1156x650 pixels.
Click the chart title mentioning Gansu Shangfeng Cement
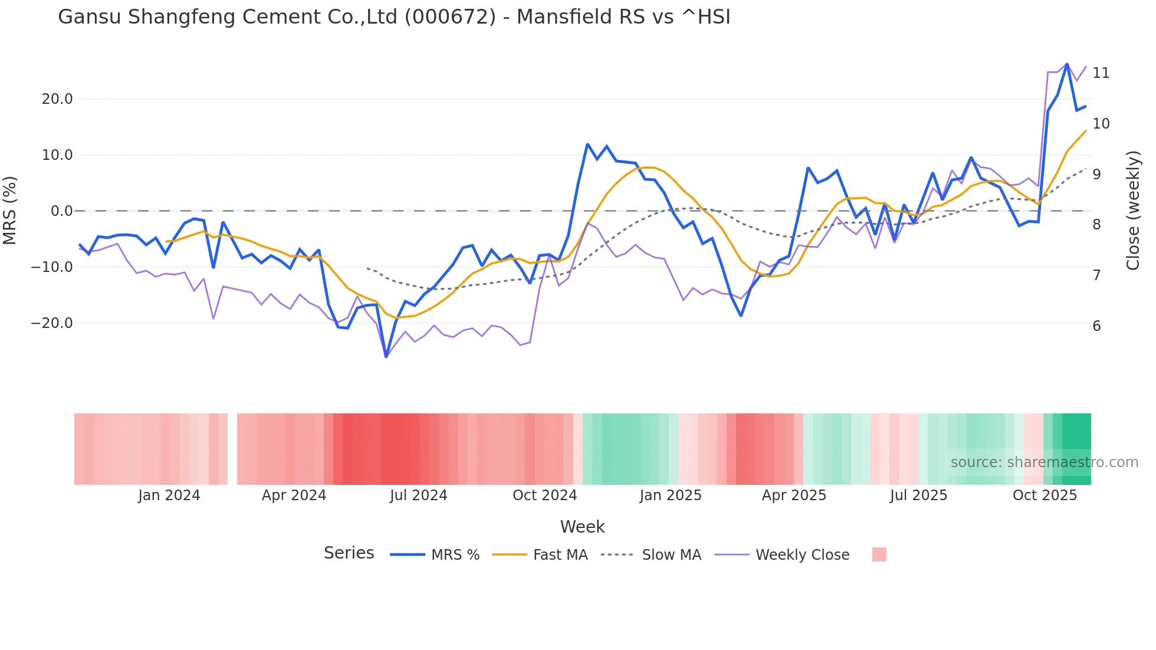coord(394,17)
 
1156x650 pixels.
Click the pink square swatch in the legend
coord(879,554)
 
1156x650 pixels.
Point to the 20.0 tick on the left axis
coord(57,99)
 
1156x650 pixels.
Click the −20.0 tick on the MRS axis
coord(52,323)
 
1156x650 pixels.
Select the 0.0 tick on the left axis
coord(62,211)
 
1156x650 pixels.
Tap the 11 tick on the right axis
coord(1101,73)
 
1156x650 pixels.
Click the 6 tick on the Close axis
coord(1096,326)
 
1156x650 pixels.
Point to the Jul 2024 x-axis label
coord(418,495)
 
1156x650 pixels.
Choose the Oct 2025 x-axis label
coord(1045,495)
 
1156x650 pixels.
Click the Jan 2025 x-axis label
coord(670,495)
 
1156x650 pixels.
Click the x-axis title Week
coord(582,527)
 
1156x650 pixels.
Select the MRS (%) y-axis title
coord(10,211)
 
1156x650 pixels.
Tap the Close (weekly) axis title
coord(1132,211)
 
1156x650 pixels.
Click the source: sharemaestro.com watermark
coord(1044,462)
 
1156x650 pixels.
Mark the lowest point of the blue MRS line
coord(386,356)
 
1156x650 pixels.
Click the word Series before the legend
coord(349,553)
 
